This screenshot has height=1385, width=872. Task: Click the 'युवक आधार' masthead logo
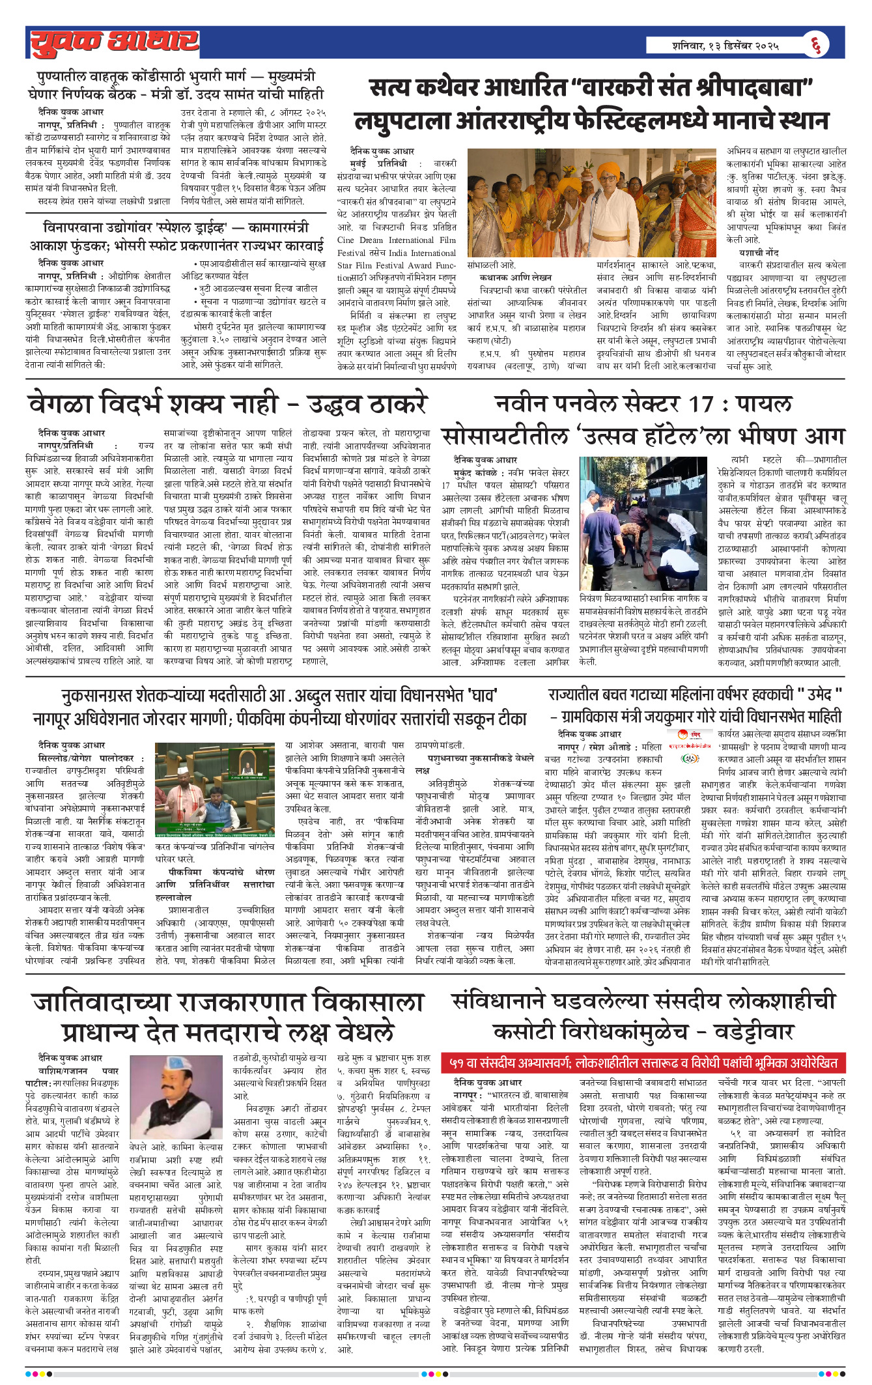(x=115, y=43)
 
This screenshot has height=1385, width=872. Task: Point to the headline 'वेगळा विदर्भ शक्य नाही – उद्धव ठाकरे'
(x=227, y=405)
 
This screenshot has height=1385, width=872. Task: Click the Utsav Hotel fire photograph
(x=643, y=524)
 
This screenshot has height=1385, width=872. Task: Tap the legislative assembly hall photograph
(x=216, y=790)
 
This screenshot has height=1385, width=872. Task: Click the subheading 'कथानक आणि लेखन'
(x=515, y=277)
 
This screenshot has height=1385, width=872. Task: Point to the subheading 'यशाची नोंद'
(x=758, y=252)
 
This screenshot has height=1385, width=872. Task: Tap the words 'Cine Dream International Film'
(x=397, y=240)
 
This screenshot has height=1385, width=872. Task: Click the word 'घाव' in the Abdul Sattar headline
(x=483, y=695)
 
